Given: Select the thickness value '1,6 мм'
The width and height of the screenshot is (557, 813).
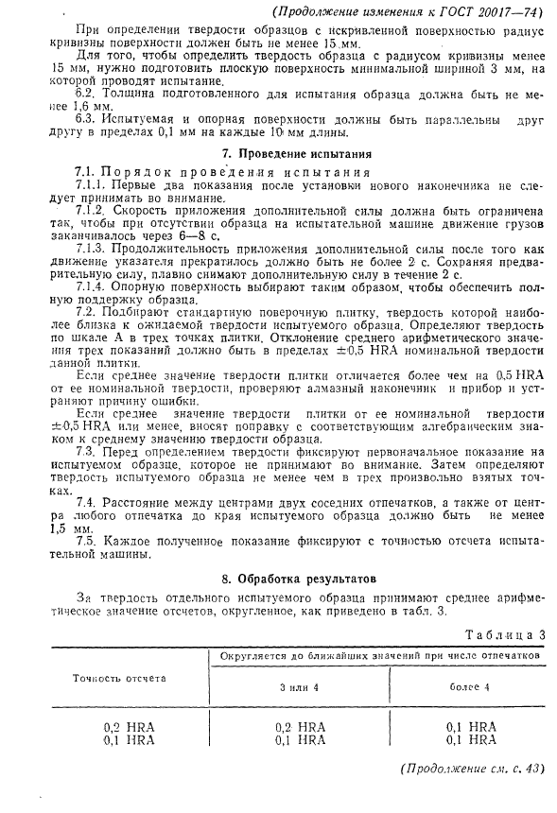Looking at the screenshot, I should coord(71,110).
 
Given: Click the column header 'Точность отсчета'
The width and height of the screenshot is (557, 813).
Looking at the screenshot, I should coord(119,678).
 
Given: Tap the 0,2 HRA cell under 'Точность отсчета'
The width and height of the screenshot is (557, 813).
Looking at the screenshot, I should coord(130,726).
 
